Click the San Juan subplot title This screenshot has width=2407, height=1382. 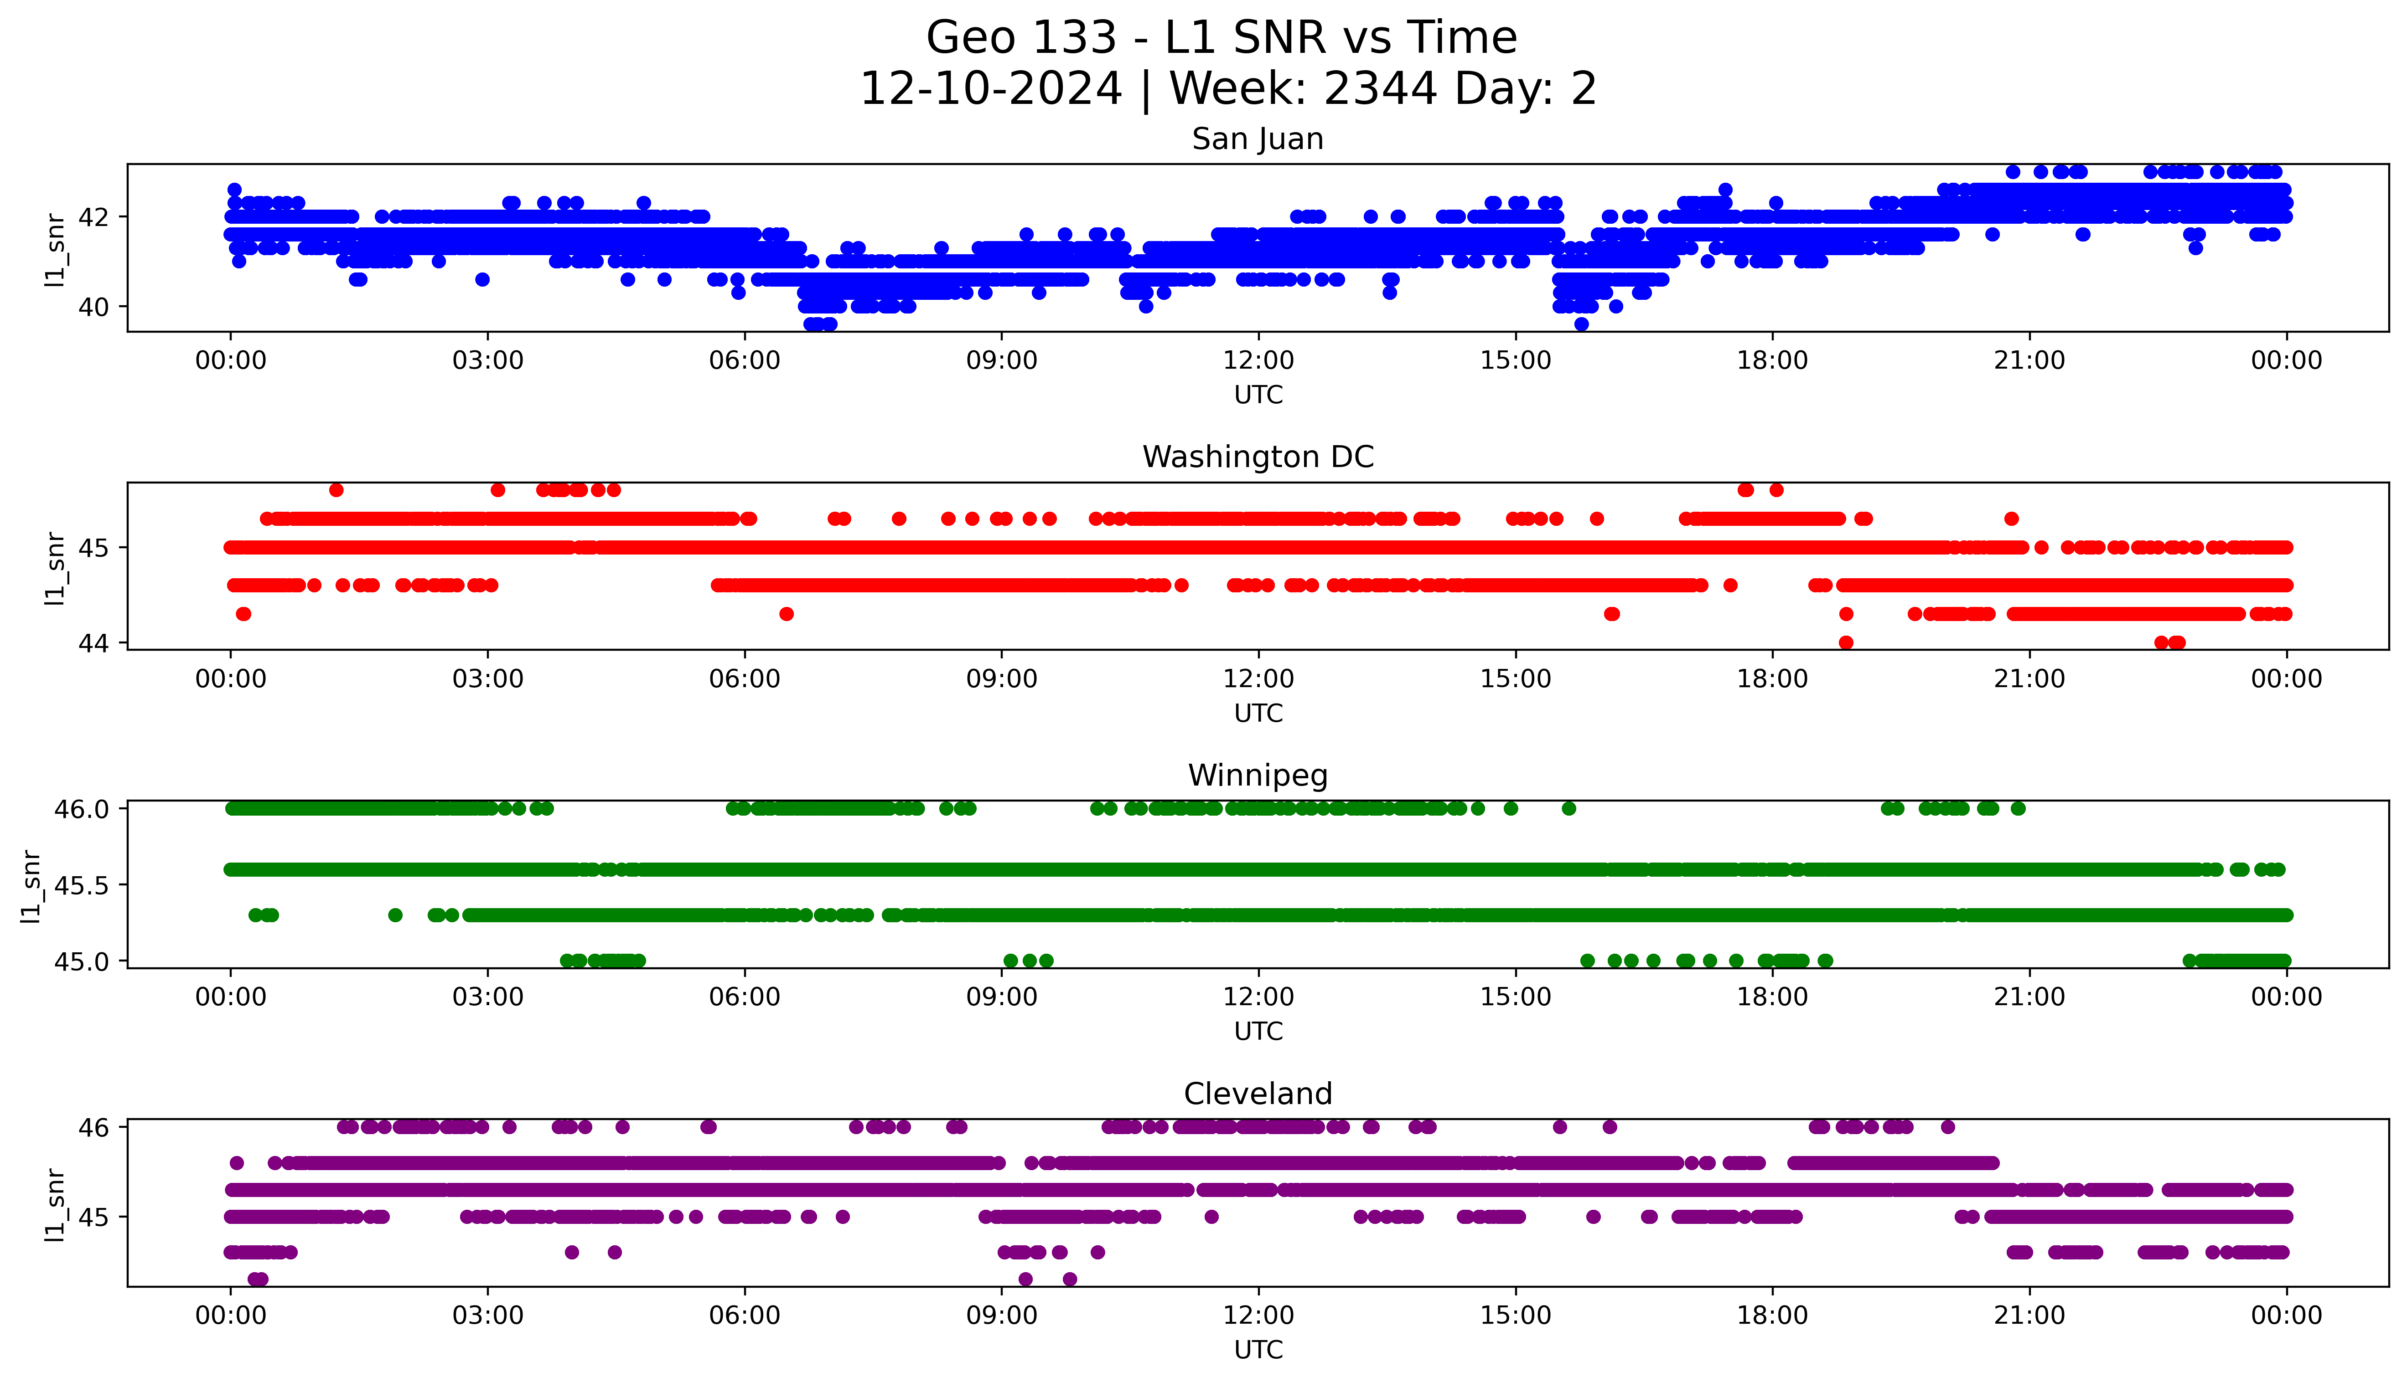pyautogui.click(x=1257, y=139)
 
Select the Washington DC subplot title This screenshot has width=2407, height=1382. pyautogui.click(x=1257, y=457)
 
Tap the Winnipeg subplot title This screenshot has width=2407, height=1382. pyautogui.click(x=1257, y=776)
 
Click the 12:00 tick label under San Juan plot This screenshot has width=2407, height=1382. pyautogui.click(x=1258, y=361)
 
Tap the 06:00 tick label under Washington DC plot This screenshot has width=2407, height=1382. pyautogui.click(x=745, y=678)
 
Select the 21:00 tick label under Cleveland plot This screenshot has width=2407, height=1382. pyautogui.click(x=2029, y=1315)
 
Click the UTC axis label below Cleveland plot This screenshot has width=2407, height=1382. pyautogui.click(x=1258, y=1349)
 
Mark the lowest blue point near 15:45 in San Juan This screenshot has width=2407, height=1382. pyautogui.click(x=1581, y=324)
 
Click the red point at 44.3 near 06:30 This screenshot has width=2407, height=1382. pyautogui.click(x=786, y=614)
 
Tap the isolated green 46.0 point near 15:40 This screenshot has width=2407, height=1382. pyautogui.click(x=1568, y=809)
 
